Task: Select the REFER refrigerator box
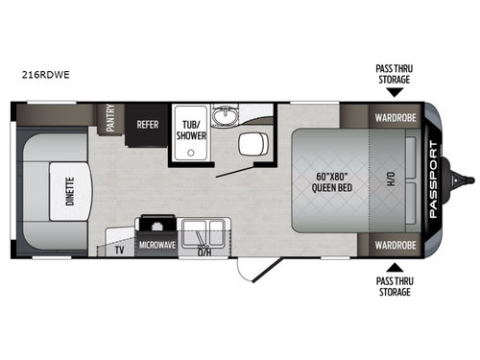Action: pyautogui.click(x=148, y=124)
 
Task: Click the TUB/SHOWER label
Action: pyautogui.click(x=185, y=129)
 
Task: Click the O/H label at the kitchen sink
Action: pyautogui.click(x=204, y=252)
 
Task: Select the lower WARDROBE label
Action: pyautogui.click(x=393, y=245)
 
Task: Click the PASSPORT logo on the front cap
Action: pyautogui.click(x=435, y=181)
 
